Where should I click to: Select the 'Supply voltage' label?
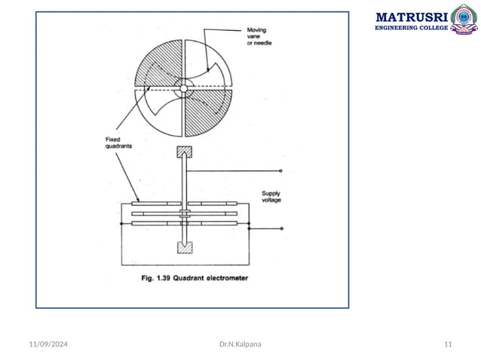[x=273, y=197]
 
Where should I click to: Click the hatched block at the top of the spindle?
[x=185, y=151]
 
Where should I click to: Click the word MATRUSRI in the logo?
[x=411, y=16]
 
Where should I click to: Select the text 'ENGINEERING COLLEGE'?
[x=411, y=28]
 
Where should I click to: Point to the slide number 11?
[x=448, y=344]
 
